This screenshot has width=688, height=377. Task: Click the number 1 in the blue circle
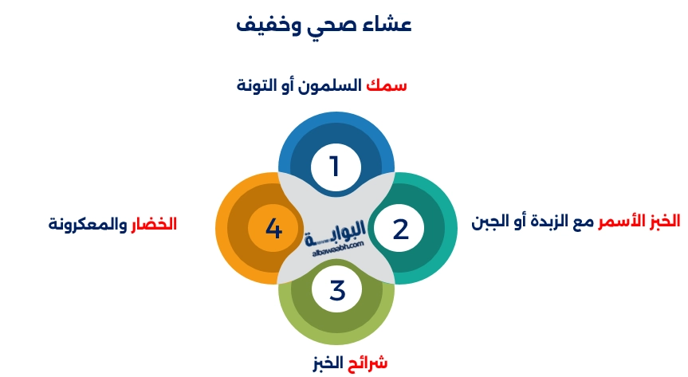click(335, 167)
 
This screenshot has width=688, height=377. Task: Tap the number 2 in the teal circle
click(400, 229)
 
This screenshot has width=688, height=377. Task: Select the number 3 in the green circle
click(337, 290)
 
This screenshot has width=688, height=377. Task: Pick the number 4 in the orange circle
click(273, 229)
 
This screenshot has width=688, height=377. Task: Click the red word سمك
click(386, 84)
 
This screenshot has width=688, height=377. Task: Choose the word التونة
click(257, 84)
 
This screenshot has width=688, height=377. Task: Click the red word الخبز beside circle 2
click(662, 219)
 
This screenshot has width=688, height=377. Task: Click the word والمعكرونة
click(86, 224)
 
